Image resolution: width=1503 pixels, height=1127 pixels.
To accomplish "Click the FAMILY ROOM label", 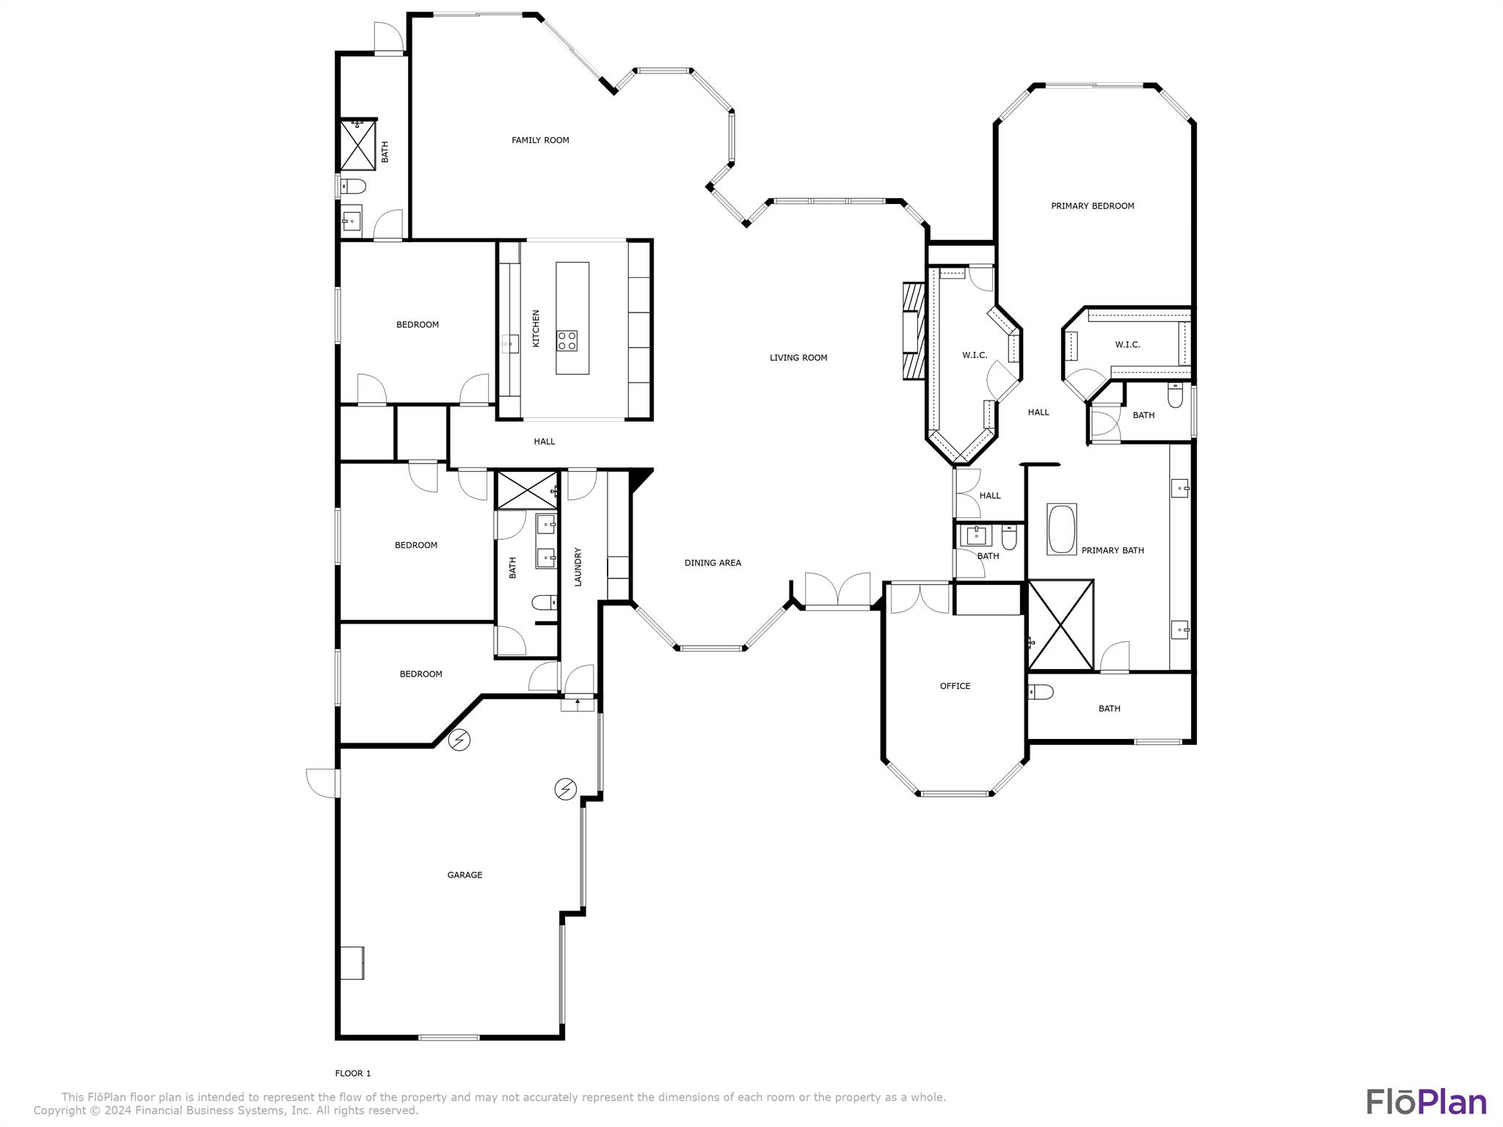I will coord(540,140).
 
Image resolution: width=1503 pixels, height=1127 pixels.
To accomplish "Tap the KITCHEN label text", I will coord(536,328).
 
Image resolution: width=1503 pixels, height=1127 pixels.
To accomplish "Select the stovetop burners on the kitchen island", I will coord(567,340).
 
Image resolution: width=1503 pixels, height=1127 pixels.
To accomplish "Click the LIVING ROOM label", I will coord(798,358).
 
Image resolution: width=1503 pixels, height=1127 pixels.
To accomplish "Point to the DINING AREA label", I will coord(712,563).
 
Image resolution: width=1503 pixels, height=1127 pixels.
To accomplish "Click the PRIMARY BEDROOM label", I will coord(1092,206).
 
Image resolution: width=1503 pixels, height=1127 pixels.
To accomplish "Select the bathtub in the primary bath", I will coord(1061,529).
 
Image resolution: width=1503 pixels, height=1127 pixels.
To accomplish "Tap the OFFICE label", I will coord(955,686).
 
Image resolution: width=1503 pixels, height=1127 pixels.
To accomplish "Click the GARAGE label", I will coord(465,875).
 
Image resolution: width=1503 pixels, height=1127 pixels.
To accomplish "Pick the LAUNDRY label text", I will coord(578,566).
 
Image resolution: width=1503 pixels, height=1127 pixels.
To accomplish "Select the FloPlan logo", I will coord(1426,1102).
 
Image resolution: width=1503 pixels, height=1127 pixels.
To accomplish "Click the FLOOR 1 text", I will coord(353,1073).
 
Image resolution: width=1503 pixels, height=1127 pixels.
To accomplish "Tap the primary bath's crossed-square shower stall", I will coord(1060,625).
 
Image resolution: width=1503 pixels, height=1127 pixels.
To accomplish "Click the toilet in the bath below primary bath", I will coord(1041,692).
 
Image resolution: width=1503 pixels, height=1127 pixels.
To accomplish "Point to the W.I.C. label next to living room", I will coord(975,355).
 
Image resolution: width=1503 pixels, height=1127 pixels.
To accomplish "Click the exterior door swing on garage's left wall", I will coord(321,782).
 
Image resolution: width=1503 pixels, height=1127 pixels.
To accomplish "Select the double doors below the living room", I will coord(837,590).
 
